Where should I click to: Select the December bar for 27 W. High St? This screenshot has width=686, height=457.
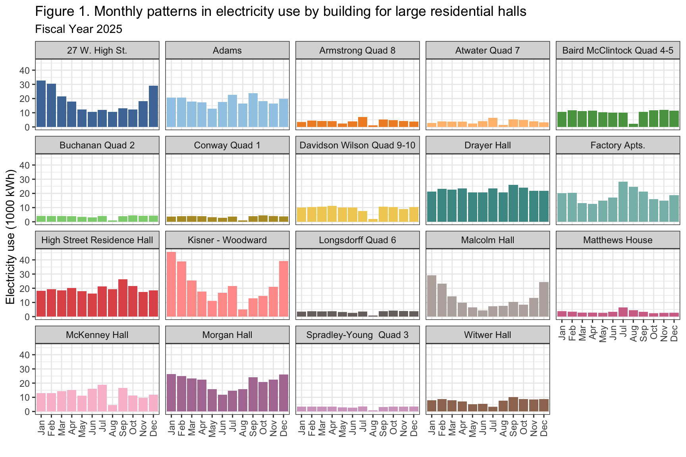coord(154,106)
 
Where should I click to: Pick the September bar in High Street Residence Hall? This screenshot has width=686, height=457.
coord(123,298)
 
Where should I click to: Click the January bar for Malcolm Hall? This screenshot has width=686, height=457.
coord(432,296)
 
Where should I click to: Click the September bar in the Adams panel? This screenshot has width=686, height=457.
coord(253,110)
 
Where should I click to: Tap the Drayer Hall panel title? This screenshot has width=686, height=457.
coord(488,145)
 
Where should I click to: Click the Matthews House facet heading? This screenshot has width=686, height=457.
coord(618,240)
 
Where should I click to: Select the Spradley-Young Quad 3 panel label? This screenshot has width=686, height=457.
coord(357,335)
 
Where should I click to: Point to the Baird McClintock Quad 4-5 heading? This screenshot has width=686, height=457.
coord(618,50)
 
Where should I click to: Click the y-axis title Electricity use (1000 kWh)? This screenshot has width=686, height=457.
coord(11,236)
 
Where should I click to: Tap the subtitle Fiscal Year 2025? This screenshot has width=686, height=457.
coord(79,29)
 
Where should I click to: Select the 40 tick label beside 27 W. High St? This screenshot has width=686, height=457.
coord(25,71)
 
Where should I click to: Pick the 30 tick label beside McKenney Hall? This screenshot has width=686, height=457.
coord(25,369)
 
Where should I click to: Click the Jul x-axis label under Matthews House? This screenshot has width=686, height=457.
coord(623,331)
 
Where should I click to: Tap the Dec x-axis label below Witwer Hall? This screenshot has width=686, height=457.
coord(544,428)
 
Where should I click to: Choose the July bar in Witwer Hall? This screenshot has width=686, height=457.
coord(493,409)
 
